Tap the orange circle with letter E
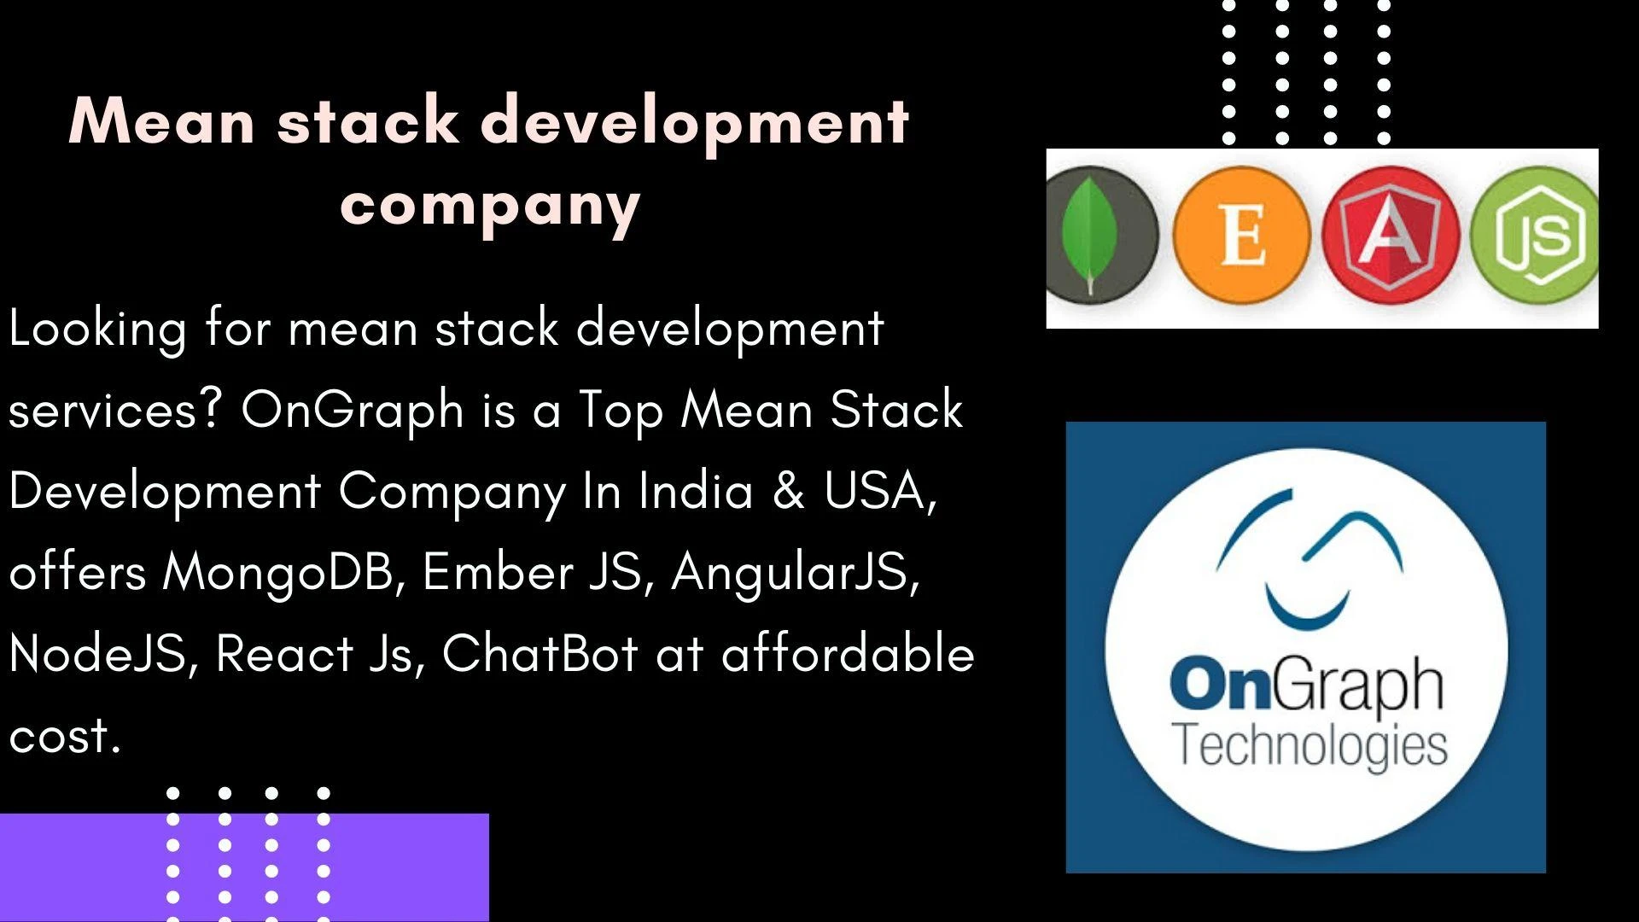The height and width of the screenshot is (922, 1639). (x=1242, y=236)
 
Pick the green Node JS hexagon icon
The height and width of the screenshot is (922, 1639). (x=1535, y=236)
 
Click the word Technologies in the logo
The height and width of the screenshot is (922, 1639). (x=1309, y=746)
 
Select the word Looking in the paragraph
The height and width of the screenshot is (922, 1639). (x=97, y=330)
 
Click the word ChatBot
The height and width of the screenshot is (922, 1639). (x=540, y=653)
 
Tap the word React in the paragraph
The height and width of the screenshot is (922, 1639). (x=284, y=654)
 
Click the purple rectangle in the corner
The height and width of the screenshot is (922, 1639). (x=244, y=867)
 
